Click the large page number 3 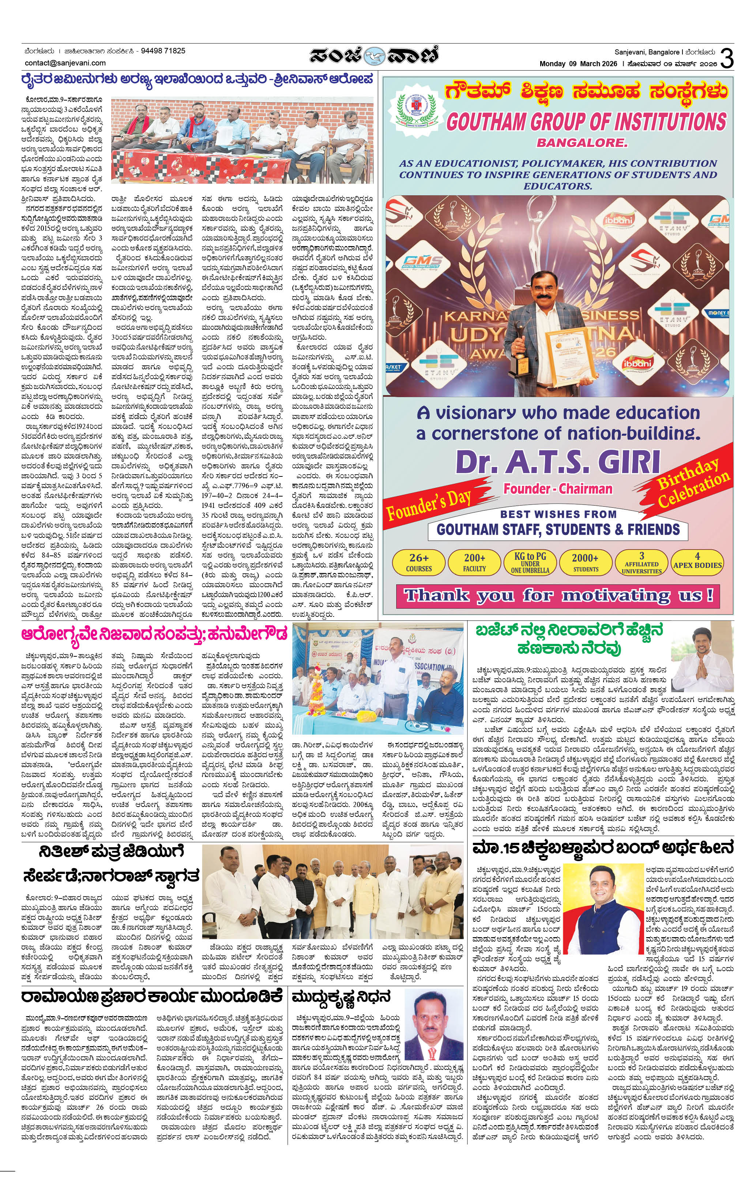pos(727,58)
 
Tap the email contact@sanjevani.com pos(65,63)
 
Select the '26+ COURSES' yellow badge pos(418,562)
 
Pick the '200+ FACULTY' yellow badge pos(474,562)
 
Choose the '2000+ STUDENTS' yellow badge pos(585,562)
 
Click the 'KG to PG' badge pos(530,562)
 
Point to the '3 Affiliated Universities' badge pos(642,562)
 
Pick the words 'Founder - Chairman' pos(558,489)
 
